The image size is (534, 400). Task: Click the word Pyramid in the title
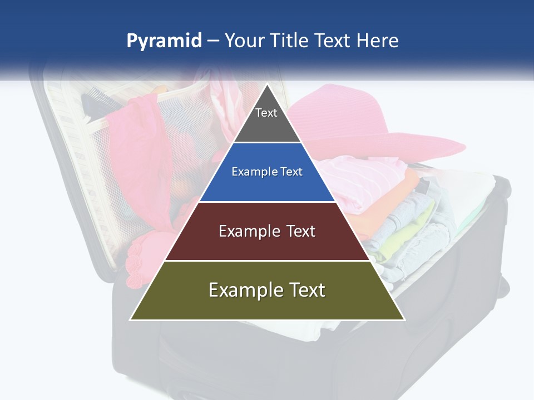point(164,41)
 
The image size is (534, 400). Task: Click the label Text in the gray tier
point(266,113)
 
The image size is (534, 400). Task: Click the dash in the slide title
point(213,41)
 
